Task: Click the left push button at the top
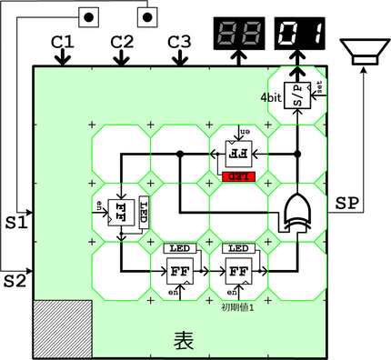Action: (89, 15)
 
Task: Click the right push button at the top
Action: (148, 15)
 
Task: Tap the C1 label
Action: (62, 41)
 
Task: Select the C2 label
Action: (122, 41)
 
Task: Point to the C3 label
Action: (180, 41)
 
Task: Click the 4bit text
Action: (271, 96)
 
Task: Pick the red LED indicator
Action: (239, 175)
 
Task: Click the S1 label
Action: (17, 221)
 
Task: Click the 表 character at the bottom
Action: (183, 339)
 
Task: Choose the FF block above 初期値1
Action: (238, 270)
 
